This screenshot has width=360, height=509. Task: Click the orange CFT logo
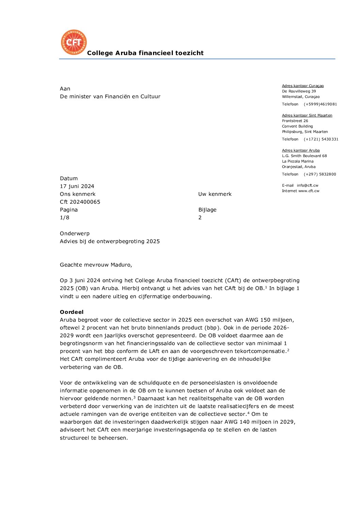(x=74, y=42)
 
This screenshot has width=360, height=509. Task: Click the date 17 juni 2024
(x=77, y=186)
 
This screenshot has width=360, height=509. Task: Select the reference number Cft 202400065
(x=80, y=202)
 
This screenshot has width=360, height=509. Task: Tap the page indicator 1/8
(x=65, y=218)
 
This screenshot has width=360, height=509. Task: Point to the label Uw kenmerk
(x=215, y=194)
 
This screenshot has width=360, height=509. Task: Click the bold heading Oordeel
(x=71, y=312)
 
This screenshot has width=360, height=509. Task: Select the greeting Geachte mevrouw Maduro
(x=96, y=265)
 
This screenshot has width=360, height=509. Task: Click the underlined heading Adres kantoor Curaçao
(x=303, y=86)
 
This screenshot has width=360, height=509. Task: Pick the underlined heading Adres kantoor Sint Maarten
(x=307, y=116)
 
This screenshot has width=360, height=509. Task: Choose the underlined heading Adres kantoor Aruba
(x=301, y=151)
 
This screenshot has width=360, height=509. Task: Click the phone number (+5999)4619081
(x=320, y=104)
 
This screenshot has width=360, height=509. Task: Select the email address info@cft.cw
(x=308, y=186)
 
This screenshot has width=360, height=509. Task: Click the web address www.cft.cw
(x=309, y=191)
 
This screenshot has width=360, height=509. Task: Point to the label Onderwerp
(x=75, y=234)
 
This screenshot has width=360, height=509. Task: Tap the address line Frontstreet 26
(x=295, y=121)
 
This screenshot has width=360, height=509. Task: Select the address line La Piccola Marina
(x=298, y=162)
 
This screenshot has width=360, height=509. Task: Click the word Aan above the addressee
(x=65, y=89)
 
